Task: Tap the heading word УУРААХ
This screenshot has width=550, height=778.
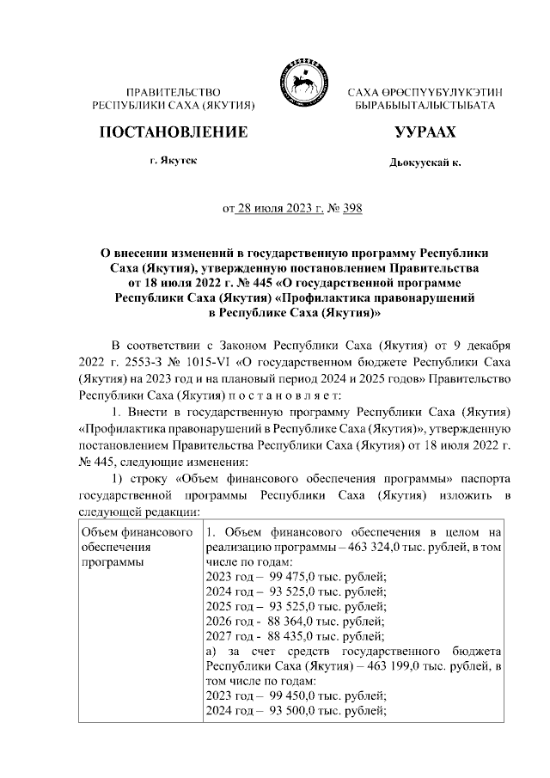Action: (x=425, y=133)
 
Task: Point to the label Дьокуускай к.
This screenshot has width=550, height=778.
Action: (x=425, y=162)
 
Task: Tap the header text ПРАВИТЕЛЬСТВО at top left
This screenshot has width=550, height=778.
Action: (x=174, y=92)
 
